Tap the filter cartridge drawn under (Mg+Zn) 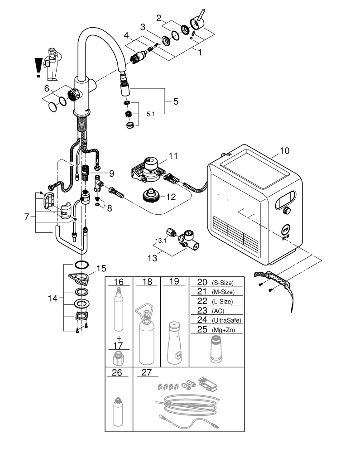216,350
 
